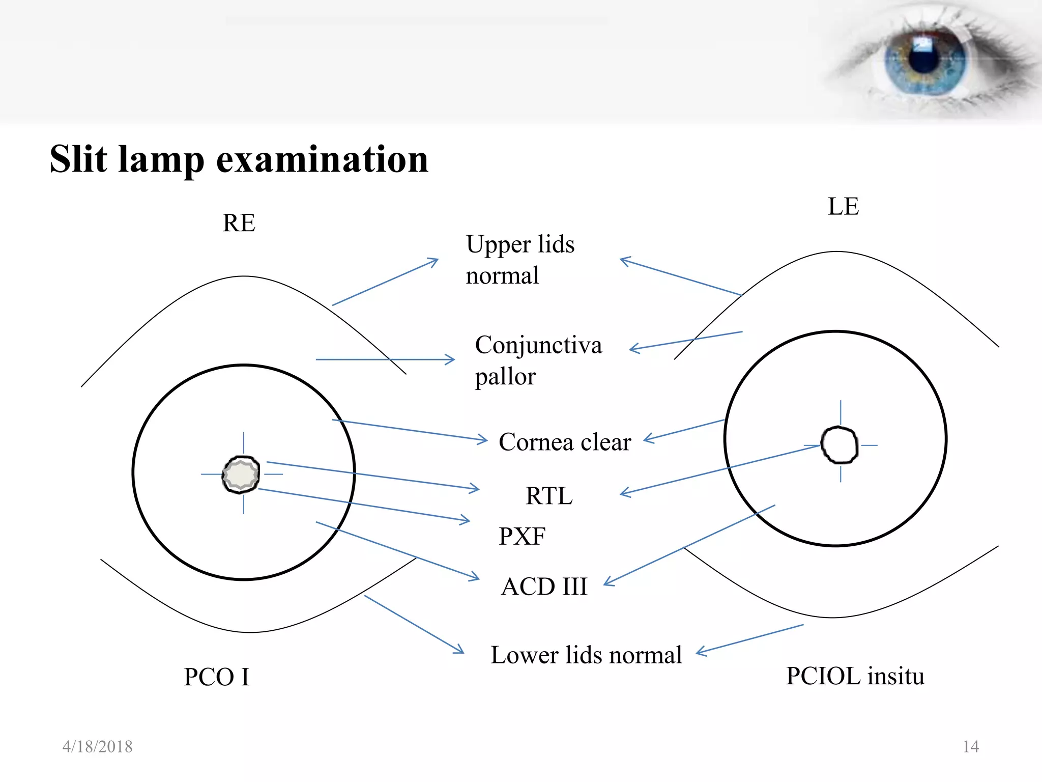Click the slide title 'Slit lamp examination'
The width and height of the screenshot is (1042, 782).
(239, 159)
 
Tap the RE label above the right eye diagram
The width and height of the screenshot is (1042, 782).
(239, 223)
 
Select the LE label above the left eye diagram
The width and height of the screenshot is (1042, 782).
(843, 207)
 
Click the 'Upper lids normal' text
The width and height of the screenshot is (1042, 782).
(520, 260)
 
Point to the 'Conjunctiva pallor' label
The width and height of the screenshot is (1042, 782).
(538, 360)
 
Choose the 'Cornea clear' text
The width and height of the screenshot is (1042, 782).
(565, 442)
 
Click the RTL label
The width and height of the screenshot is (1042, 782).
(549, 496)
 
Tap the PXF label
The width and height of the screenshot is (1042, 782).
(522, 536)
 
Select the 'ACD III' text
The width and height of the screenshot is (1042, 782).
(544, 586)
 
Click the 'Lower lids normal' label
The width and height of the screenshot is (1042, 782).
(586, 655)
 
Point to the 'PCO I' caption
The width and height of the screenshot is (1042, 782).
(217, 677)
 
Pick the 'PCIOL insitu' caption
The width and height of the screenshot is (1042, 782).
(855, 676)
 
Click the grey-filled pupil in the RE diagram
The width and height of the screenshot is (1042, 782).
(241, 474)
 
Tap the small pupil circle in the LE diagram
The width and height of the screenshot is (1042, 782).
(840, 445)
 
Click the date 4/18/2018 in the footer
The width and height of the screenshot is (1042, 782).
(97, 747)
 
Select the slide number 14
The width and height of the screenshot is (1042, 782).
(971, 747)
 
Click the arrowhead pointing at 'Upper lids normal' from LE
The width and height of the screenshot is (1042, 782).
(624, 261)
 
